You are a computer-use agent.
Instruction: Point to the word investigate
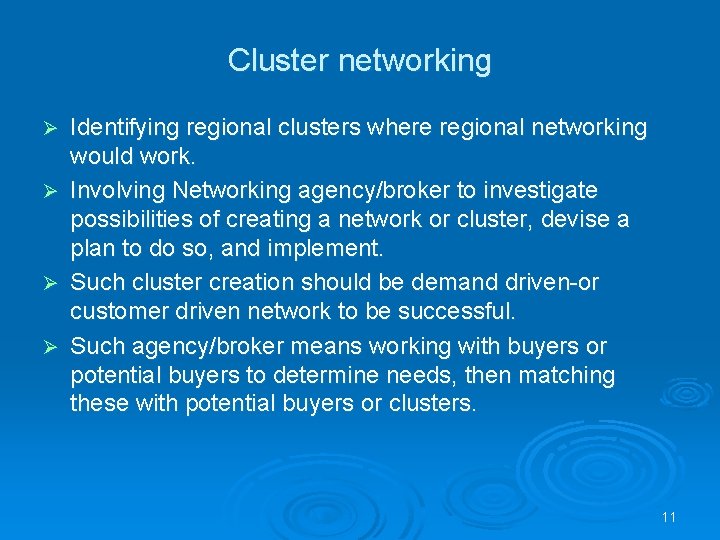point(541,190)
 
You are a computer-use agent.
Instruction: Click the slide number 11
point(669,517)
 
